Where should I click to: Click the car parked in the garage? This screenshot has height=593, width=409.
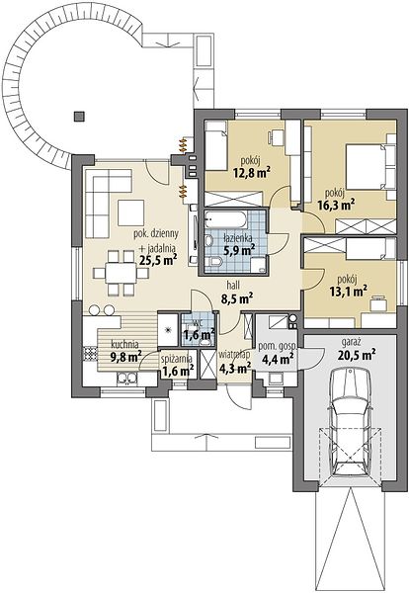[x=350, y=423]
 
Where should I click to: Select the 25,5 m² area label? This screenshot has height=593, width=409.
[x=159, y=259]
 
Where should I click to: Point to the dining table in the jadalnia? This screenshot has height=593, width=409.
[x=121, y=273]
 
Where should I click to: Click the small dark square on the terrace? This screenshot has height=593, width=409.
[x=79, y=116]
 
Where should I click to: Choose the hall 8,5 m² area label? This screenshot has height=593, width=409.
[x=237, y=298]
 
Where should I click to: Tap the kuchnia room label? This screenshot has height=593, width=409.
[x=124, y=345]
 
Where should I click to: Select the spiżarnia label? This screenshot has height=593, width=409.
[x=177, y=358]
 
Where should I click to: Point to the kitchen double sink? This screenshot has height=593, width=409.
[x=127, y=378]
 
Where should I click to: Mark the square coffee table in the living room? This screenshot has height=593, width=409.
[x=130, y=212]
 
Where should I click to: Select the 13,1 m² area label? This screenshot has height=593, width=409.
[x=351, y=291]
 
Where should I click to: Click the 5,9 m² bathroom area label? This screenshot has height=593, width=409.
[x=238, y=250]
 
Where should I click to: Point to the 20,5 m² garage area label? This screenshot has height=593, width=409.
[x=355, y=355]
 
